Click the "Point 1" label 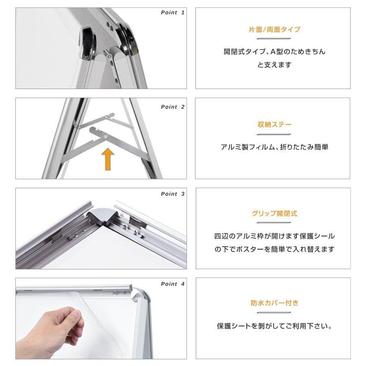[x=172, y=13]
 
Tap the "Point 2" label [x=172, y=107]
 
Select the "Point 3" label [x=172, y=194]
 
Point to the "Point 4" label [x=172, y=284]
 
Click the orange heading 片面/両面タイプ [x=274, y=30]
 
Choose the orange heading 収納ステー [x=274, y=124]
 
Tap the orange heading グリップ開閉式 [x=274, y=213]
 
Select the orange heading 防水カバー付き [x=274, y=303]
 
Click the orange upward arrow [x=107, y=159]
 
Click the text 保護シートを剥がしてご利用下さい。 [x=274, y=326]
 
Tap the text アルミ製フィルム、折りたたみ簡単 [x=274, y=147]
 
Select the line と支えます [x=274, y=65]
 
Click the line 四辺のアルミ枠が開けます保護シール [x=274, y=236]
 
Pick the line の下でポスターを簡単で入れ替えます [x=274, y=249]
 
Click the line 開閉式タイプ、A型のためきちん [x=274, y=52]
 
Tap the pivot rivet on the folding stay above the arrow [x=105, y=136]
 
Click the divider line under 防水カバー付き [x=274, y=312]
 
